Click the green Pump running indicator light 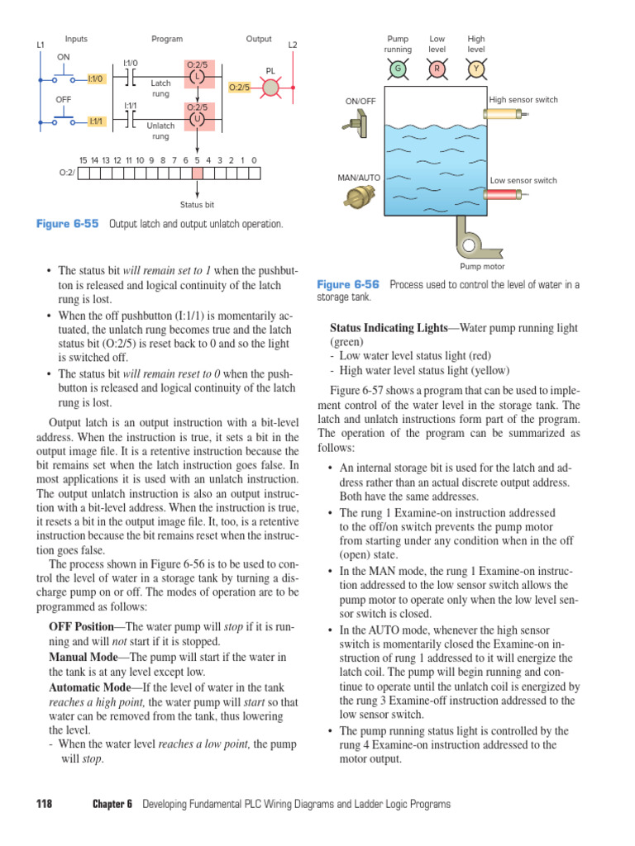pyautogui.click(x=398, y=69)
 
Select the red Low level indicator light pyautogui.click(x=437, y=69)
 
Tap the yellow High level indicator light pyautogui.click(x=476, y=69)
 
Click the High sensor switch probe pyautogui.click(x=505, y=116)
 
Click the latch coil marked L pyautogui.click(x=197, y=77)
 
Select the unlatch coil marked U pyautogui.click(x=197, y=120)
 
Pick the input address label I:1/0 pyautogui.click(x=96, y=79)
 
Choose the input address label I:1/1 pyautogui.click(x=97, y=121)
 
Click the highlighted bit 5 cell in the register pyautogui.click(x=197, y=173)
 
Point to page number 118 pyautogui.click(x=45, y=804)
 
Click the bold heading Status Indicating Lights pyautogui.click(x=388, y=328)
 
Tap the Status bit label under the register pyautogui.click(x=197, y=204)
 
